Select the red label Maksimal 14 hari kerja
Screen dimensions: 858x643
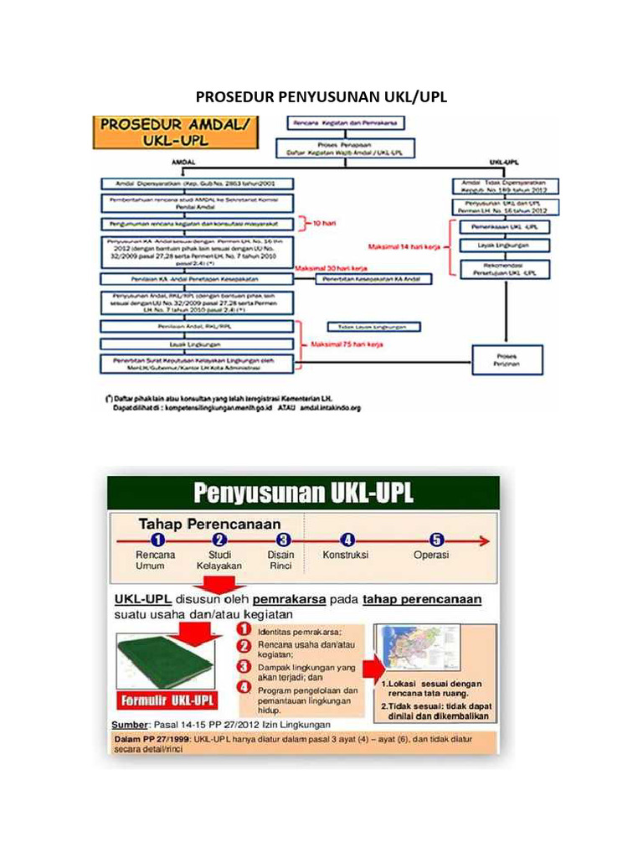[x=405, y=246]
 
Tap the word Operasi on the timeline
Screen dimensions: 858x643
[x=432, y=555]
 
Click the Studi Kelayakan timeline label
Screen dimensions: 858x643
[x=219, y=560]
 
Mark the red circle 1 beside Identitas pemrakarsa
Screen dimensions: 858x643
[x=244, y=628]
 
